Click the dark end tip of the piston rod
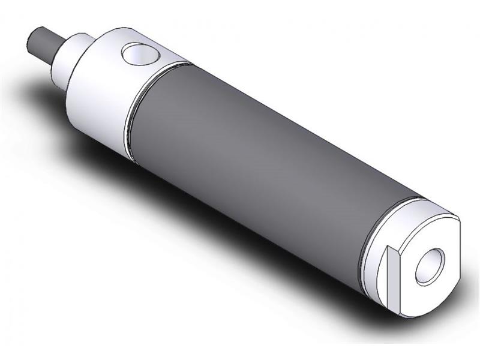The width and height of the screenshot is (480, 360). point(33,42)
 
